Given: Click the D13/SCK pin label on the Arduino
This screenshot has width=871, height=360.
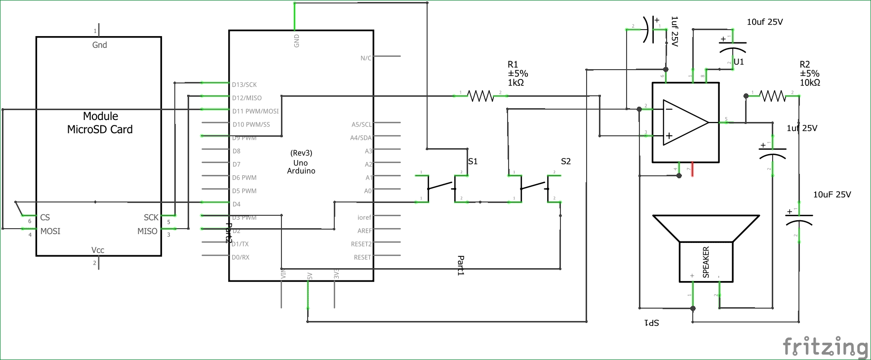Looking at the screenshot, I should pos(244,85).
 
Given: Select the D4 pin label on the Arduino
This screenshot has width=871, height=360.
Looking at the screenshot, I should pos(237,204).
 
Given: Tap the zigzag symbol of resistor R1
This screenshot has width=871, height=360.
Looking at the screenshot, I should pos(480,96).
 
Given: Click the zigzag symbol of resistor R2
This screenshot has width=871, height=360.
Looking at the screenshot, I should pos(772,96).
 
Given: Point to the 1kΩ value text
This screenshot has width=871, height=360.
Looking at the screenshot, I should pos(516,83).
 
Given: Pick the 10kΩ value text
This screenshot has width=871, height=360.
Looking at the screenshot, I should pos(810,83).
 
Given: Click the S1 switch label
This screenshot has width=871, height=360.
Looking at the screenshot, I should pos(473,161).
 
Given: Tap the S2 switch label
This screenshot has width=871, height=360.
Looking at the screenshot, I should pos(566,161).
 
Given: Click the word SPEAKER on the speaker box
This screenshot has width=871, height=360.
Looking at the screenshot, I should pos(706,262).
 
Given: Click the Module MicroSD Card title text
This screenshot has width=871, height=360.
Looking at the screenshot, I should pos(100,123).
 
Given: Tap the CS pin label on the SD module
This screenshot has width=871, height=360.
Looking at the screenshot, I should pos(45,217).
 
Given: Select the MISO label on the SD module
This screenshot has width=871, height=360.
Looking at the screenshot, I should pos(147,231).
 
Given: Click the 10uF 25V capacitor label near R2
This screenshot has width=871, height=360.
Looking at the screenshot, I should pos(832,195).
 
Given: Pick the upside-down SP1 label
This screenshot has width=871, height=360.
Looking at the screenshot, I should pos(652,323).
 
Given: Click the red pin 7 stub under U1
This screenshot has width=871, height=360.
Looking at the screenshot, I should pos(692,169).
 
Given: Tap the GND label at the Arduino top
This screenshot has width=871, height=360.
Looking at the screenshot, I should pos(297,40).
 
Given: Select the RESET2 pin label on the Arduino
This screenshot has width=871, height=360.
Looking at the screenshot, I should pos(361,244).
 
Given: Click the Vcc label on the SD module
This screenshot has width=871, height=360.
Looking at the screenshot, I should pos(98,250).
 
